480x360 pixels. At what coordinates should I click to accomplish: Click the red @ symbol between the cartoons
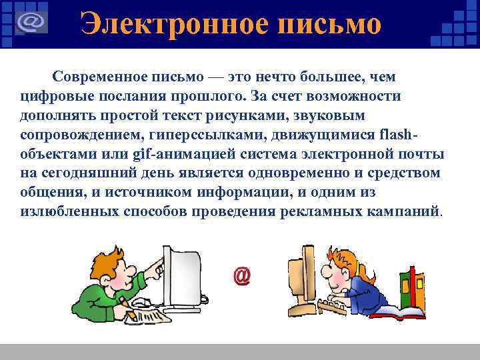coord(242,275)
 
